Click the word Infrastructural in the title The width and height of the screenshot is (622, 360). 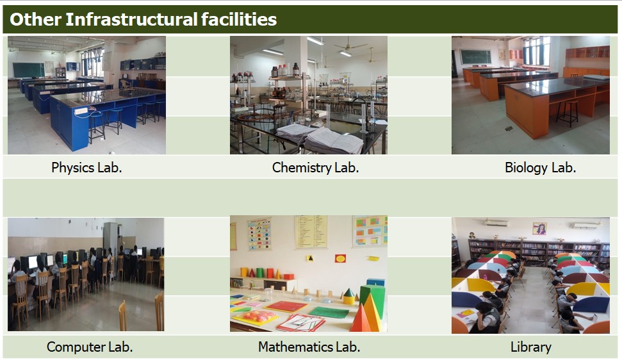pyautogui.click(x=131, y=19)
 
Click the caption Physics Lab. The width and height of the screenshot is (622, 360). pyautogui.click(x=86, y=168)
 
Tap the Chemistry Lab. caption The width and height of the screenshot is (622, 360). pyautogui.click(x=315, y=168)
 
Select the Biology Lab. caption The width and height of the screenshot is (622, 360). pyautogui.click(x=540, y=168)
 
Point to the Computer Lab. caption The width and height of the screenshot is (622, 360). pyautogui.click(x=90, y=347)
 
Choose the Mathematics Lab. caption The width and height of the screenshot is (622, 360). pyautogui.click(x=309, y=347)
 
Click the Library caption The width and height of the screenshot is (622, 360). pyautogui.click(x=531, y=347)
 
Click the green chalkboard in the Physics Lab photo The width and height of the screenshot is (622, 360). pyautogui.click(x=29, y=70)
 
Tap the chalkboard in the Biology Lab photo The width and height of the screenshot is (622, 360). pyautogui.click(x=475, y=57)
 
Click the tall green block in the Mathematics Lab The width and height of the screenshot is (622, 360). pyautogui.click(x=373, y=299)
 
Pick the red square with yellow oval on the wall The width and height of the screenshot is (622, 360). pyautogui.click(x=340, y=259)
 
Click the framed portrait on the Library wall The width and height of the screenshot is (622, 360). pyautogui.click(x=539, y=229)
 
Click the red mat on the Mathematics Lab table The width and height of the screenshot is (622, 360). pyautogui.click(x=286, y=307)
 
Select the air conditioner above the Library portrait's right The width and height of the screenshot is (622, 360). pyautogui.click(x=585, y=225)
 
